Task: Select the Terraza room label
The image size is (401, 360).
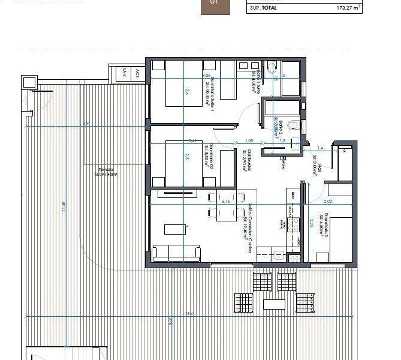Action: tap(108, 172)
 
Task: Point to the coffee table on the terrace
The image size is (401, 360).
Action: tap(275, 303)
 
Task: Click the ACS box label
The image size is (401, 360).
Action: tap(137, 74)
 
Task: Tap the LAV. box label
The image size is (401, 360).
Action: tap(125, 74)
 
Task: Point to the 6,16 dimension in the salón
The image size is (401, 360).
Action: tap(226, 202)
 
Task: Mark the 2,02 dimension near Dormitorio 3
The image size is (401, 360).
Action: tap(328, 202)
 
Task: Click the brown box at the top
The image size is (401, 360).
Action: tap(214, 7)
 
